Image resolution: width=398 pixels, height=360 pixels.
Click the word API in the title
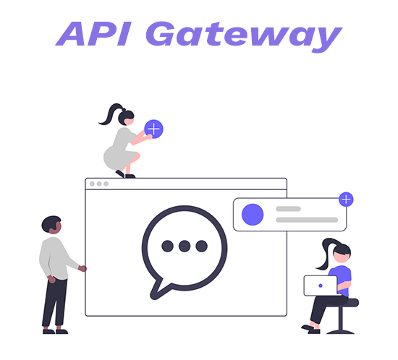[x=93, y=34]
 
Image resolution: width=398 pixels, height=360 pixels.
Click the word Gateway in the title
[x=244, y=37]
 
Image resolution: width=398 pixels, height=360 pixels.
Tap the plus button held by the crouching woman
[x=154, y=129]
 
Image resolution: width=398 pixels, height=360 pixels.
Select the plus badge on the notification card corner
[x=346, y=200]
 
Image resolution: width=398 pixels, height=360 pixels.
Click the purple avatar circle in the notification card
[x=253, y=215]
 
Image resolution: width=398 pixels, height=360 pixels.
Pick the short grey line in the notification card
[x=288, y=209]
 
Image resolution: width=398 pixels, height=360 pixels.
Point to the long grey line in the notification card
[x=307, y=220]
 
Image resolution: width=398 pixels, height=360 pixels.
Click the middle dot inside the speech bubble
[x=185, y=246]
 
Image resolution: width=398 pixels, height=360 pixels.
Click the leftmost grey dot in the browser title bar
[x=92, y=184]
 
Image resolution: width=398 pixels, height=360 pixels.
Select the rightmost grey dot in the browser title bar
[x=106, y=184]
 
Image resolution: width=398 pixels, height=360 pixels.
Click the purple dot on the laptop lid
[x=321, y=286]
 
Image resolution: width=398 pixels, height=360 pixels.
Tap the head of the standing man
[x=51, y=225]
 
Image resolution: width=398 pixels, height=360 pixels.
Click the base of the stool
[x=340, y=331]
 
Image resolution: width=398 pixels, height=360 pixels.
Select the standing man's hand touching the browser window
[x=82, y=268]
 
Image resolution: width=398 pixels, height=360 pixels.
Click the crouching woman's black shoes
[x=125, y=174]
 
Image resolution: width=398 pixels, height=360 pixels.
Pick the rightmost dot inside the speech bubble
[x=202, y=246]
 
